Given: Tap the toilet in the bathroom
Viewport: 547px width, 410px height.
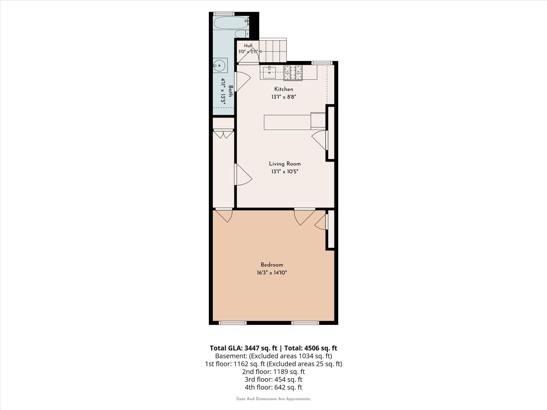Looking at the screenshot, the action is pos(242,34).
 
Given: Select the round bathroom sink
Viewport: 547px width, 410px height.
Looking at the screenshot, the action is pos(220,65).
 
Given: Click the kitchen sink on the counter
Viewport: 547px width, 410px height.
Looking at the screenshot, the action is pos(269,72).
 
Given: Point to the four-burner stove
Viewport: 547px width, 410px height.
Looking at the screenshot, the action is pos(293,73).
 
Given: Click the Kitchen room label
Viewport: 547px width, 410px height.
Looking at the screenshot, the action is pos(284,89).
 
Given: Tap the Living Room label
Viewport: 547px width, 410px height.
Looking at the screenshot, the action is pos(285,164).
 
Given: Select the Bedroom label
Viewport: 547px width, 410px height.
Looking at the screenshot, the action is pos(272,265).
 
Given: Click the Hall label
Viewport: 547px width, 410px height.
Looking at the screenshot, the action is pos(248,46).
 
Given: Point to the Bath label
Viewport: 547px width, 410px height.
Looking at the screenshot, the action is pos(231,91).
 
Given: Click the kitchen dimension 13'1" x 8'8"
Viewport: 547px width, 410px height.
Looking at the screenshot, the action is pos(284,97).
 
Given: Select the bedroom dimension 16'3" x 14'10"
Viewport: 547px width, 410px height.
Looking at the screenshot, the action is pos(272,273).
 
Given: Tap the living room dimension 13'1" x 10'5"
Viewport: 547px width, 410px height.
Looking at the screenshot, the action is pos(285,172).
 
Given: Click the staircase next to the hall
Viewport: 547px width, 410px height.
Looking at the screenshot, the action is pos(273,50).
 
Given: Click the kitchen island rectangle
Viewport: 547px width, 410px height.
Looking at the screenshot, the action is pos(287,122).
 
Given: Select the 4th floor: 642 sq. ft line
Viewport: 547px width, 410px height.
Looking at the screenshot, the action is pos(273,387).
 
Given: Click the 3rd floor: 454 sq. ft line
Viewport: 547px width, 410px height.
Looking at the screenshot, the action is pos(273,379).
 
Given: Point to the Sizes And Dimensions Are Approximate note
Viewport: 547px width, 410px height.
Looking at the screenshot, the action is pos(273,399).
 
